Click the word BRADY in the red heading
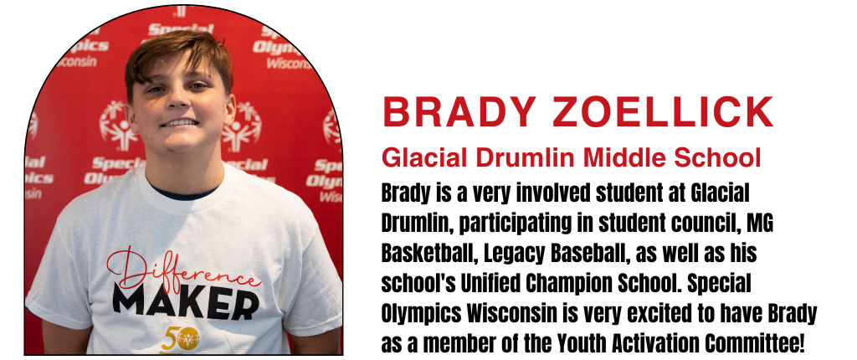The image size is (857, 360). pos(459,111)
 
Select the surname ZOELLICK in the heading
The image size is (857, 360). pos(663,111)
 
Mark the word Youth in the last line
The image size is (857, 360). pos(582,343)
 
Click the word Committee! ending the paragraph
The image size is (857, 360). pos(754,343)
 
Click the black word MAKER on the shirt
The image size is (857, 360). pos(186,303)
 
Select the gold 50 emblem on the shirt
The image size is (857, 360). pos(181,339)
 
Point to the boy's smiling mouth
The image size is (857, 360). pos(179,122)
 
